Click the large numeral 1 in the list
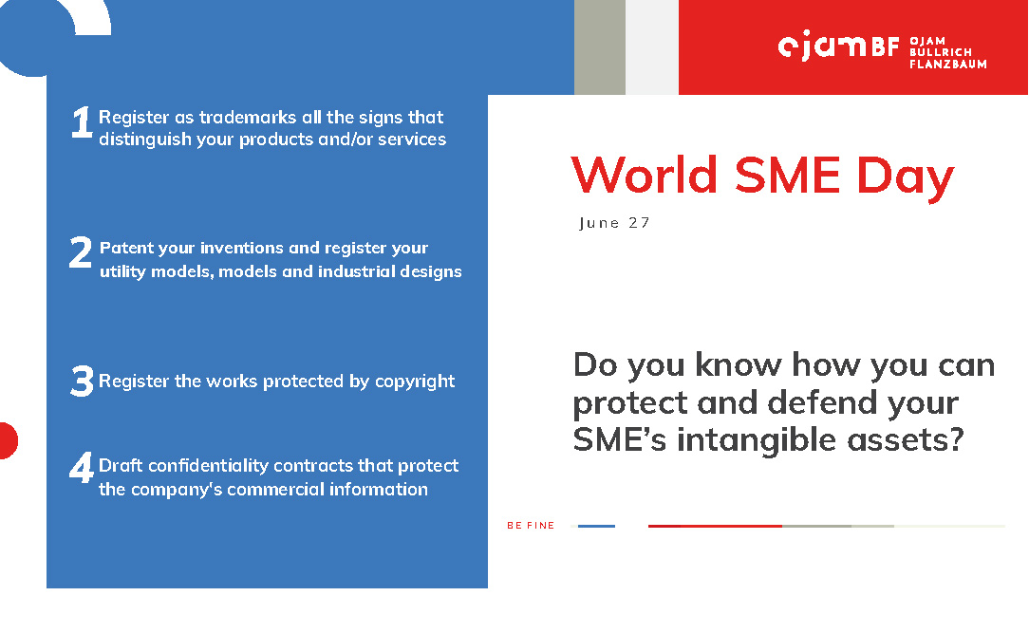click(82, 122)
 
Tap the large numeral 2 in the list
click(81, 252)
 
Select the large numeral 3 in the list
click(82, 382)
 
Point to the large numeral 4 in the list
click(82, 468)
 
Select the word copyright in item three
click(415, 382)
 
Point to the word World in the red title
click(644, 176)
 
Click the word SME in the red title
click(787, 176)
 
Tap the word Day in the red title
click(905, 177)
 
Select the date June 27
click(614, 223)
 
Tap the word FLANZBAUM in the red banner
click(947, 65)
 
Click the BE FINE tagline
click(531, 526)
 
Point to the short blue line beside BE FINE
click(596, 526)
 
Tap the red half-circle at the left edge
click(8, 440)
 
